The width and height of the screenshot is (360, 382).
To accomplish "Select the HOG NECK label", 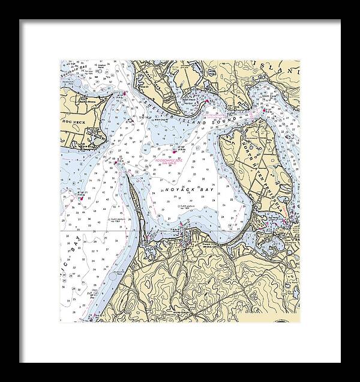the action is click(x=71, y=121).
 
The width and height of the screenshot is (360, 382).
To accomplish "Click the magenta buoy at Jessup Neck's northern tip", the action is click(x=115, y=162).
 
